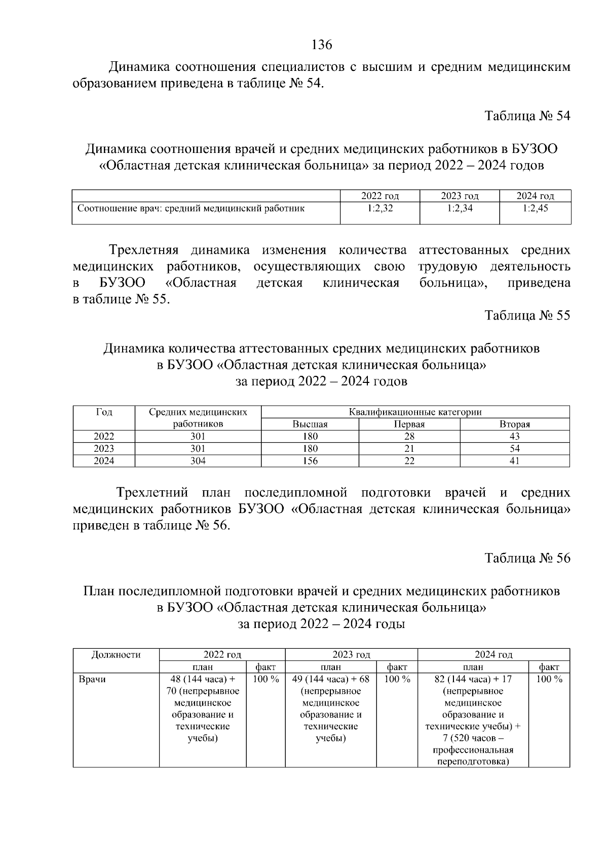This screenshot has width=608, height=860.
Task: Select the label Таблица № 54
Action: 527,116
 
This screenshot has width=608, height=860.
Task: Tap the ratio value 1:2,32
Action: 380,208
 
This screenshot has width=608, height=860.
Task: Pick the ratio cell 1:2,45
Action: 535,208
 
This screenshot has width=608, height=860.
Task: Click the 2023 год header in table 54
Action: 460,196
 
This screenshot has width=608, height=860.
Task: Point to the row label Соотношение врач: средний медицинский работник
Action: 191,208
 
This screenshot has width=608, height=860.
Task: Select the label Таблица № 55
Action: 527,316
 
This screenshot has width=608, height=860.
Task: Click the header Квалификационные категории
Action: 415,412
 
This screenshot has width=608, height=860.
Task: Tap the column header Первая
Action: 409,424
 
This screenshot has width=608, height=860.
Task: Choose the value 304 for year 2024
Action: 198,461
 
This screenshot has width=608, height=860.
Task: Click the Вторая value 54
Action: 515,449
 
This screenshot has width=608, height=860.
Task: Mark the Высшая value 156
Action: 310,461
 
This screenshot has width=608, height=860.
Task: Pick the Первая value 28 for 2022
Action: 409,437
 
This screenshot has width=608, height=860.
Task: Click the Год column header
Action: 104,412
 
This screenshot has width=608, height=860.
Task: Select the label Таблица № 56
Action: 527,558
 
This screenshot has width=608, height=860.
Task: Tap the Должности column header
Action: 116,655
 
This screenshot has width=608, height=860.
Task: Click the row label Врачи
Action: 92,680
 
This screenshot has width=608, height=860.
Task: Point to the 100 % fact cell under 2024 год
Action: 549,680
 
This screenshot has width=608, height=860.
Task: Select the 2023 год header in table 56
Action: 351,655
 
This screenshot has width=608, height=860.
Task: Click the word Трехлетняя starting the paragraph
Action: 144,250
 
